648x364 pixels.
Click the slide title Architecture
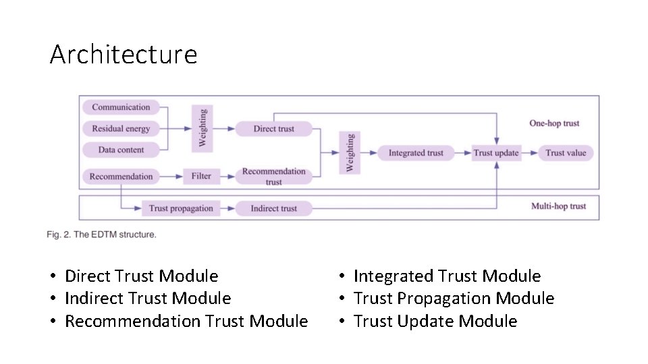point(123,54)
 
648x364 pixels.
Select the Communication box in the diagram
point(121,107)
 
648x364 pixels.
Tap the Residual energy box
point(121,129)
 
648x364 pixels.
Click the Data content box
point(121,150)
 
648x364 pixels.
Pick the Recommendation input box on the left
point(121,177)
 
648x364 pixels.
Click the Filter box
point(201,177)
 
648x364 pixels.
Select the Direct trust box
point(273,129)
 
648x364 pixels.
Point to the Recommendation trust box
point(273,177)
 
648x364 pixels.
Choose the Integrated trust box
point(416,153)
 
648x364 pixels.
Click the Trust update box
point(496,153)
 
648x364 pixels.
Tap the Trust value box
point(566,153)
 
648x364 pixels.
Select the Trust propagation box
point(180,208)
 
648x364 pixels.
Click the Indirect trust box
point(273,208)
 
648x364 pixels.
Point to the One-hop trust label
point(554,123)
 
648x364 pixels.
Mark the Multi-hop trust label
point(558,206)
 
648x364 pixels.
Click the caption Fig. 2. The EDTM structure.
point(101,235)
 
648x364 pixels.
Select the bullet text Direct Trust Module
point(141,276)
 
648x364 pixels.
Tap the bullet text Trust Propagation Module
point(454,299)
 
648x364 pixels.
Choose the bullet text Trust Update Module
point(435,322)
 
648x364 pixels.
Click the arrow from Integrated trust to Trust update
point(462,153)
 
